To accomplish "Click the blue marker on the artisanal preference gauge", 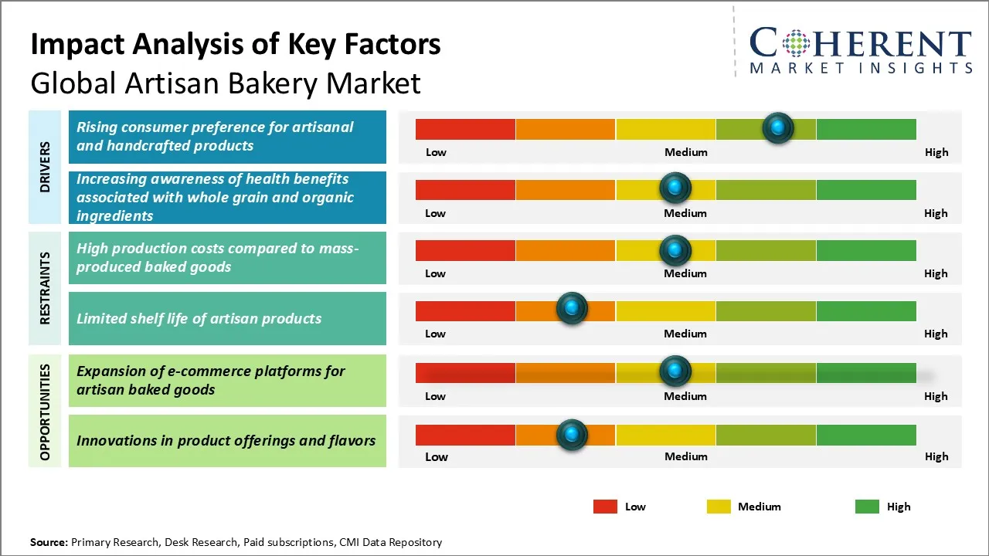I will pyautogui.click(x=777, y=127).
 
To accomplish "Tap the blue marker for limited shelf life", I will pyautogui.click(x=572, y=308).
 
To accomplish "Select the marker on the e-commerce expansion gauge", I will pyautogui.click(x=675, y=371).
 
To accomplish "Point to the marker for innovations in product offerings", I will pyautogui.click(x=572, y=435).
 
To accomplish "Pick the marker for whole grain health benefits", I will pyautogui.click(x=675, y=188).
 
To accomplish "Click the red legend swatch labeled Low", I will pyautogui.click(x=605, y=507).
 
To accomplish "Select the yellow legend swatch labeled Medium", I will pyautogui.click(x=719, y=507).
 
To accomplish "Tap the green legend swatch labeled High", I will pyautogui.click(x=867, y=507).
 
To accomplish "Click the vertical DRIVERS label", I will pyautogui.click(x=46, y=166).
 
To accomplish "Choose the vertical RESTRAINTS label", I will pyautogui.click(x=46, y=288).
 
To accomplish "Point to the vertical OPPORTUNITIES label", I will pyautogui.click(x=46, y=412).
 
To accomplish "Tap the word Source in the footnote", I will pyautogui.click(x=49, y=542).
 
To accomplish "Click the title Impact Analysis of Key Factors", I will pyautogui.click(x=236, y=45).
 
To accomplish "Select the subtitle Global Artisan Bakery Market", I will pyautogui.click(x=226, y=83).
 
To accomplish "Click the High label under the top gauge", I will pyautogui.click(x=936, y=152).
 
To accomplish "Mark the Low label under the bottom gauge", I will pyautogui.click(x=437, y=456).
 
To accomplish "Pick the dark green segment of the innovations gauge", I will pyautogui.click(x=865, y=435).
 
